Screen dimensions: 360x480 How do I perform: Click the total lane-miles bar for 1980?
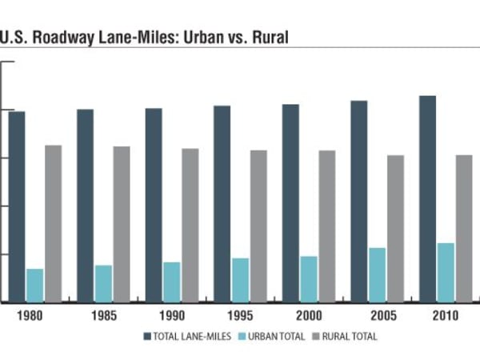[17, 206]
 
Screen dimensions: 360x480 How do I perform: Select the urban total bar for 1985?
[103, 283]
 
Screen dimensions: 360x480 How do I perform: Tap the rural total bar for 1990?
[190, 225]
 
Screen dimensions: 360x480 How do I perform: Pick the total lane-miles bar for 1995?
[222, 203]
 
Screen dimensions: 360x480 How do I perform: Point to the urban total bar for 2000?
[309, 278]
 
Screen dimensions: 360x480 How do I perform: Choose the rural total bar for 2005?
[395, 228]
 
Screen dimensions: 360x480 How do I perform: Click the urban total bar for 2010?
[446, 272]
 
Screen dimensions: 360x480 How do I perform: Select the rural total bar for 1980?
[53, 223]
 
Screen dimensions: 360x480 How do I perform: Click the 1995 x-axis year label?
[239, 315]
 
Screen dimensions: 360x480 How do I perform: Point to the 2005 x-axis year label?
[377, 315]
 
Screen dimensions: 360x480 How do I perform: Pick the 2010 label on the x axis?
[445, 315]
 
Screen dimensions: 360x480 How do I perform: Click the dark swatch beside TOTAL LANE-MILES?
[148, 337]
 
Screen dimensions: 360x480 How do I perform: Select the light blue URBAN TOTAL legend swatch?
[243, 337]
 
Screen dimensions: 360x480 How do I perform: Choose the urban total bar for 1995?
[241, 280]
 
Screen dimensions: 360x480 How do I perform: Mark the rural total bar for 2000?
[326, 226]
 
